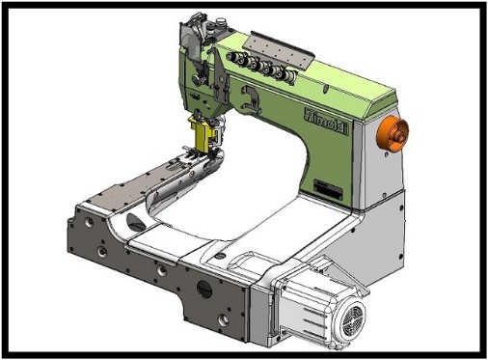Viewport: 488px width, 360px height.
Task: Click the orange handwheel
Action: pyautogui.click(x=393, y=133)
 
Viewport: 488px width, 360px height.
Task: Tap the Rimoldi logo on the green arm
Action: pyautogui.click(x=326, y=122)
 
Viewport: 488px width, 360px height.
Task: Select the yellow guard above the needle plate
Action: pyautogui.click(x=203, y=133)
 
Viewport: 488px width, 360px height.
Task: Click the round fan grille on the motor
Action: pyautogui.click(x=352, y=317)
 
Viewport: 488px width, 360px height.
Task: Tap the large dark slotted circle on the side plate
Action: pyautogui.click(x=204, y=289)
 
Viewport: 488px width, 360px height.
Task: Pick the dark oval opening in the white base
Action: pyautogui.click(x=136, y=223)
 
